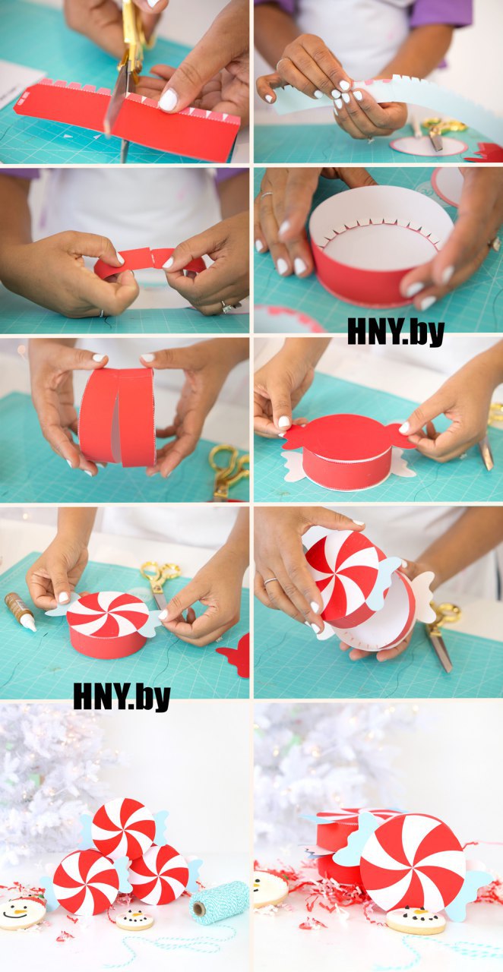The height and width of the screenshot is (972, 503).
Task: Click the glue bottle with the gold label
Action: (21, 612)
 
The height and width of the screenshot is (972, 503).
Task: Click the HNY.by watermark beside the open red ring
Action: (395, 333)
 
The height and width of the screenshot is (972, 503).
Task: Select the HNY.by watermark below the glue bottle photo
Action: (122, 697)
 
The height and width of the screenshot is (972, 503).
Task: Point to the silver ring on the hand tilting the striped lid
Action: (270, 581)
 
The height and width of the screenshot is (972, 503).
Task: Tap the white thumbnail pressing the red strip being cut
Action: (168, 99)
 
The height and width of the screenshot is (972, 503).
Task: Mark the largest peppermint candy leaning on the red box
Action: (413, 863)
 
